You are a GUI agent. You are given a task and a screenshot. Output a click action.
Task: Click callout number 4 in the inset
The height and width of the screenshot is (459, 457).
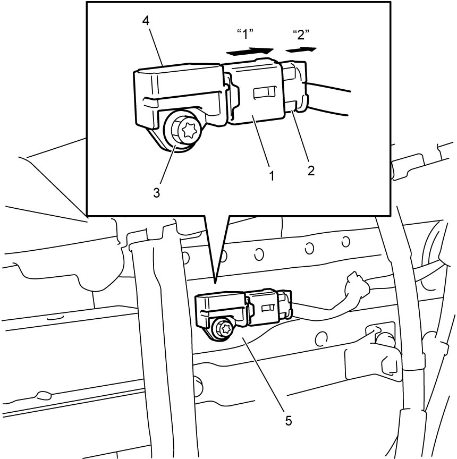(x=146, y=22)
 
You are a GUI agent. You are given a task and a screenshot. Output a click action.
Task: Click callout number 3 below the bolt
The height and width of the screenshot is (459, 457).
(x=156, y=193)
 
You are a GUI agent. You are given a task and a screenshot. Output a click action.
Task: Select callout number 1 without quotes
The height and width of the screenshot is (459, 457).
(x=272, y=176)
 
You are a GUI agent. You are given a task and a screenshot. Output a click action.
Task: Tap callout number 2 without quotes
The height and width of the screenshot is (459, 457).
(x=311, y=171)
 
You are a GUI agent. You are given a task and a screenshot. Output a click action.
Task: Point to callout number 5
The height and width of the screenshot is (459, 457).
(x=289, y=421)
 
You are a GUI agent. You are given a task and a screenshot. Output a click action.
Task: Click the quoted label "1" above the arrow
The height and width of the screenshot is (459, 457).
(x=245, y=34)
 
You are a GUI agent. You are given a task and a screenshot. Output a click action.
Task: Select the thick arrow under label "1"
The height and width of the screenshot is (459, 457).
(x=250, y=52)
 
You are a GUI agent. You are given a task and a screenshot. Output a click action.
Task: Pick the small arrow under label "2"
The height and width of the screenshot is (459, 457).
(x=301, y=49)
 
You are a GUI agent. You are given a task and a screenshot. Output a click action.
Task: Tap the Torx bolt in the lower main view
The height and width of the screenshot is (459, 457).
(x=224, y=329)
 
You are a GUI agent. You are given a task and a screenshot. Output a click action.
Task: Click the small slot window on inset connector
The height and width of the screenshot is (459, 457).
(x=265, y=92)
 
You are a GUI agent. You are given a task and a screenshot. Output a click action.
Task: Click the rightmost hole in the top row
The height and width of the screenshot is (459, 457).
(x=346, y=242)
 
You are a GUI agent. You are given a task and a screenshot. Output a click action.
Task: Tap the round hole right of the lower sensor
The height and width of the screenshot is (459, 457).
(x=321, y=338)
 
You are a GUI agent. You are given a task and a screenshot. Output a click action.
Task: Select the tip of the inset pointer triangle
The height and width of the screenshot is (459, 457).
(x=215, y=283)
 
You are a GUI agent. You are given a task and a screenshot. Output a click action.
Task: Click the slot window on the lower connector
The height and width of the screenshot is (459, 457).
(x=268, y=308)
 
